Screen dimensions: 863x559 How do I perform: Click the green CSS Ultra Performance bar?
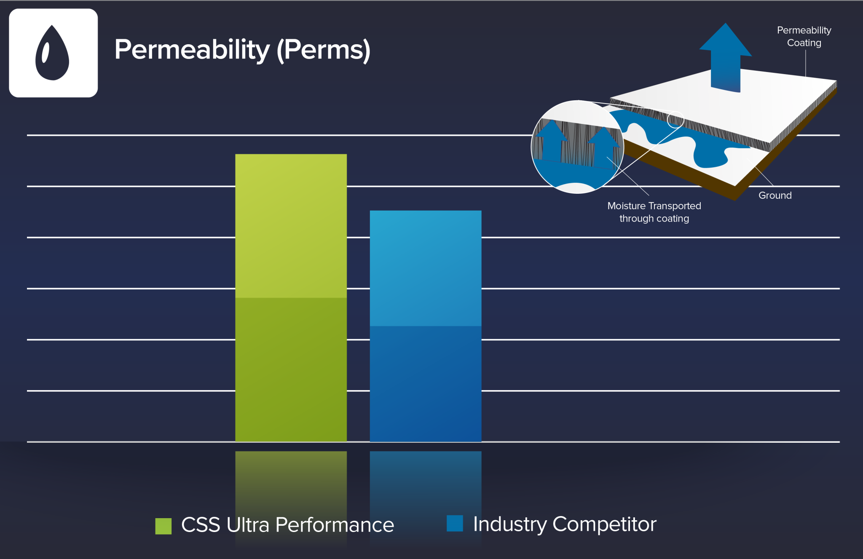click(291, 298)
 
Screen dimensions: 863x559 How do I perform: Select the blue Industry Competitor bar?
click(426, 326)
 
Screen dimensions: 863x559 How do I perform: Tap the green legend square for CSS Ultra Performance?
click(163, 526)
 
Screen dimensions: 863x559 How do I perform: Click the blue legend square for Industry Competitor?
click(455, 523)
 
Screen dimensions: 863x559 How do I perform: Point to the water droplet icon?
click(52, 53)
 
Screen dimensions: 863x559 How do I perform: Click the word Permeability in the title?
click(192, 50)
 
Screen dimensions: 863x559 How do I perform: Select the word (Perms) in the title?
click(324, 51)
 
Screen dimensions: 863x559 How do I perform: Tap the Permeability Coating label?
click(804, 37)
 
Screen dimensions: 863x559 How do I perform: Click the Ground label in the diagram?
click(775, 195)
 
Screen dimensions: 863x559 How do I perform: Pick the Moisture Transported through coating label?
click(654, 212)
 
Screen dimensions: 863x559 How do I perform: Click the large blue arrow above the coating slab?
click(725, 57)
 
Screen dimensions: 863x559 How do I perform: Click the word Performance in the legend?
click(335, 525)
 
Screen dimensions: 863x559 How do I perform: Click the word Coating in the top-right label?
click(804, 43)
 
